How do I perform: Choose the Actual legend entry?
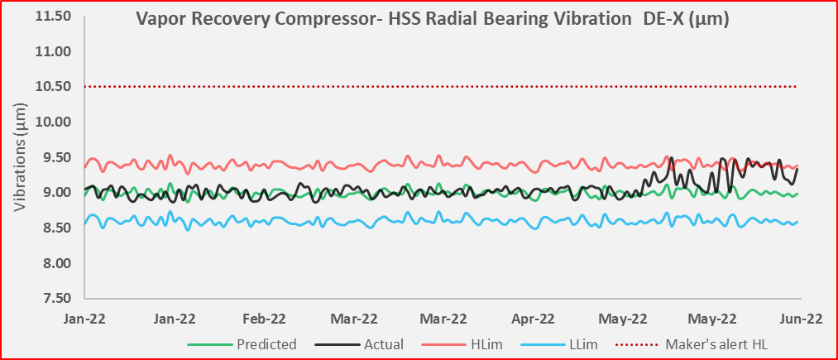(x=359, y=344)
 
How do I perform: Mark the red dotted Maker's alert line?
(x=441, y=87)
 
